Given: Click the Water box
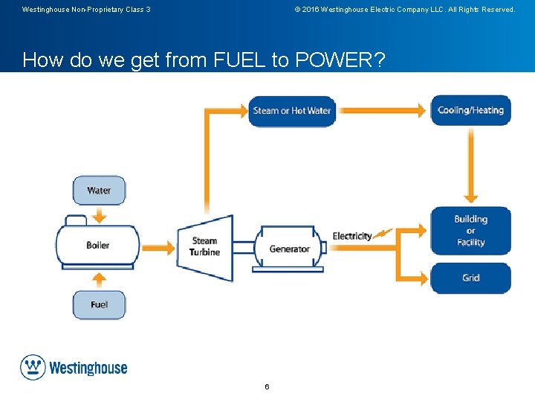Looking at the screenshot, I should (x=99, y=190).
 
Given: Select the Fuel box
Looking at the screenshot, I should (x=99, y=304).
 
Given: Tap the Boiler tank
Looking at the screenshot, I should (x=97, y=245).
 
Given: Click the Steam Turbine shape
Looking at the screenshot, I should (x=206, y=247).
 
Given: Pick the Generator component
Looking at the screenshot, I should (x=289, y=249).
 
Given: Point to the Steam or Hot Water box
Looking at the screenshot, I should (x=291, y=111).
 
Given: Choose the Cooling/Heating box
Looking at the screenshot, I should (x=470, y=110).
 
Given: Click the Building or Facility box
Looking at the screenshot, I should (x=470, y=231).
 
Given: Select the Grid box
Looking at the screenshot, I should (x=470, y=278).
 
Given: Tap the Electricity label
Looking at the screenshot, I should (x=352, y=236).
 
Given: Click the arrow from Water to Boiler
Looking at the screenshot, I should (x=99, y=214).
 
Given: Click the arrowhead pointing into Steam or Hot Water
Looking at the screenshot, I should (x=241, y=111).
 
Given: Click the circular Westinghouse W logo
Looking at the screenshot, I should (x=33, y=368).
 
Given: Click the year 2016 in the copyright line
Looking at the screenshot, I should (x=311, y=10).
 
